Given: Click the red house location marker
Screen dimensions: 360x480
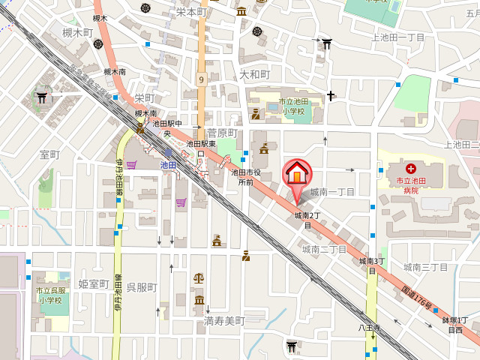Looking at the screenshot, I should point(297,175).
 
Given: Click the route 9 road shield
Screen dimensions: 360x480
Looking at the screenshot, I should point(201,79).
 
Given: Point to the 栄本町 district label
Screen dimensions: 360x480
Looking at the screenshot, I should point(190,12).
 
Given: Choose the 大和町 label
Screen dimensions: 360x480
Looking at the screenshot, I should point(254,74).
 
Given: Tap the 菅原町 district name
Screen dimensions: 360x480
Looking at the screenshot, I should point(222,133).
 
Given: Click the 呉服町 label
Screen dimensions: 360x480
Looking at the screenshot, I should point(141,288).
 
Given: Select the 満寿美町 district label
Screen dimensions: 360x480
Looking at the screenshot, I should point(224,320).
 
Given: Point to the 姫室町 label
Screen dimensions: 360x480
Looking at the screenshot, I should point(94,283).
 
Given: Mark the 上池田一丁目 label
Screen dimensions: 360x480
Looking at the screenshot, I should point(398,37).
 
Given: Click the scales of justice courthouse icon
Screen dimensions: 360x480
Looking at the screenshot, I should point(198,277).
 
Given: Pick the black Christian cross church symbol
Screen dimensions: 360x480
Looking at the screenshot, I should point(330,95).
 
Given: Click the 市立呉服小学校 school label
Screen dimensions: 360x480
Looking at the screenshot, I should point(52,295).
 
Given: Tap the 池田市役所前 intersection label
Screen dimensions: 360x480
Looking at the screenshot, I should point(245,176).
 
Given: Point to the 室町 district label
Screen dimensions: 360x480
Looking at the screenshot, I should point(49,154).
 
